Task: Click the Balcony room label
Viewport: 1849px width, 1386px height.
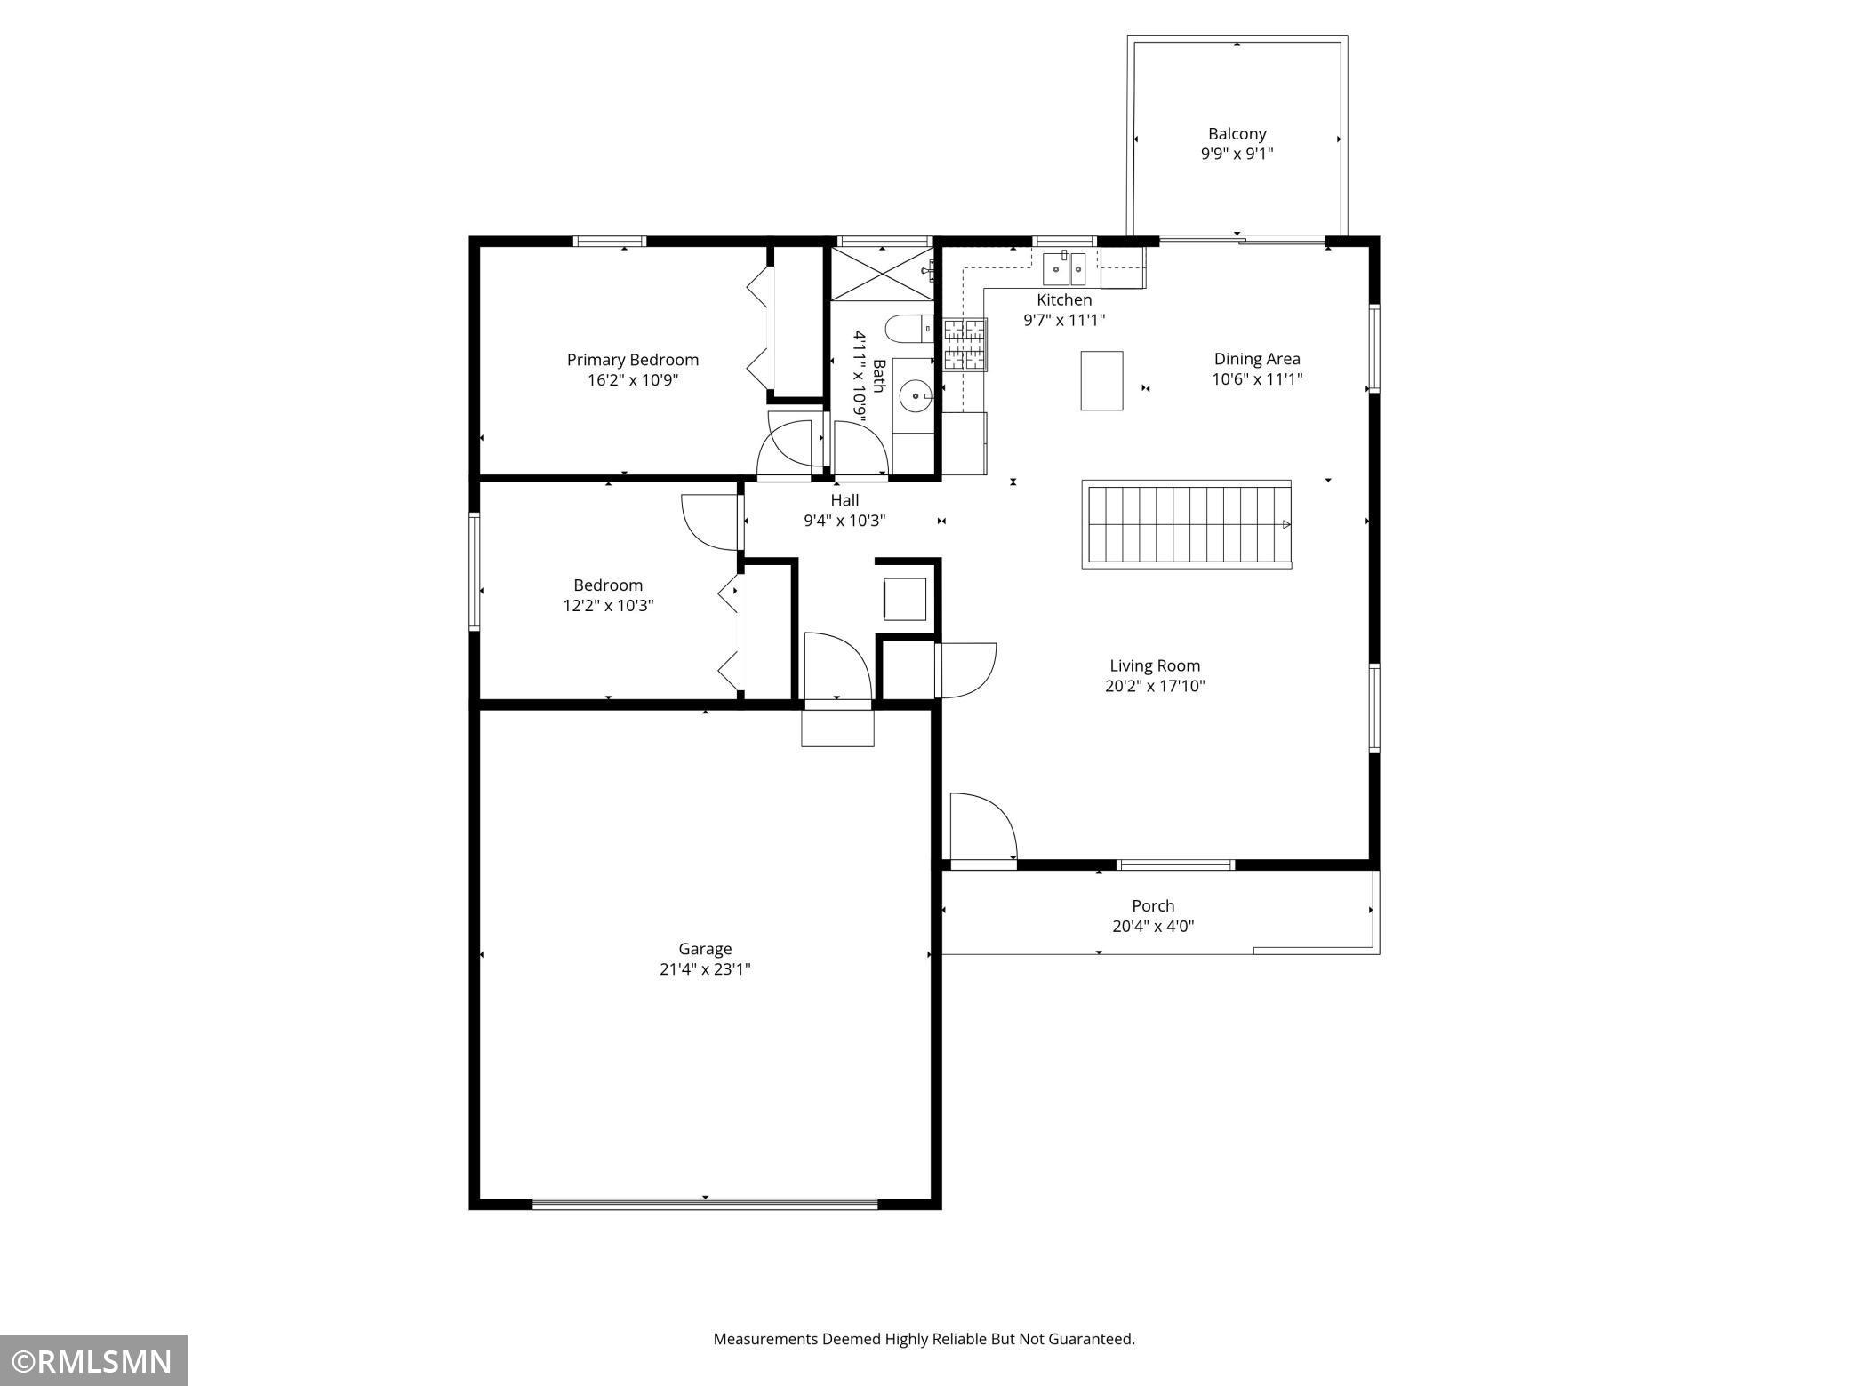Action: [x=1237, y=134]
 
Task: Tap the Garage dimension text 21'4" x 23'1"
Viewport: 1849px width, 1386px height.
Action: [x=705, y=969]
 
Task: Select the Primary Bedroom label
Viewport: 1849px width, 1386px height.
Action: [x=633, y=360]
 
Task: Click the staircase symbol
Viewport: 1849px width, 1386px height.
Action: [x=1186, y=524]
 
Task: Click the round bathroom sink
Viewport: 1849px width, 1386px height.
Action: [x=915, y=396]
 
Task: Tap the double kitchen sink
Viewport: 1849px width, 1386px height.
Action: [x=1064, y=267]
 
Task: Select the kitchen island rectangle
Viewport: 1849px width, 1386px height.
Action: [x=1101, y=380]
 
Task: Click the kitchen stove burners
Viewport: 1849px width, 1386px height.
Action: [x=965, y=344]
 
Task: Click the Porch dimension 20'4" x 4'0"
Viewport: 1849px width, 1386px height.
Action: [x=1153, y=927]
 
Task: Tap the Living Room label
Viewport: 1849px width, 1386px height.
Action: [x=1155, y=665]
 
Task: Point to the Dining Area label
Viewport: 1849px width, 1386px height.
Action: [x=1257, y=359]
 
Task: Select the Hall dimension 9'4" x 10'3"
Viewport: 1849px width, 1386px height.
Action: [x=844, y=521]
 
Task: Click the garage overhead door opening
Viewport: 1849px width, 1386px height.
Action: [x=705, y=1204]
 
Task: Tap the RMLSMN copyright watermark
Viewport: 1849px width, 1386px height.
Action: [x=93, y=1361]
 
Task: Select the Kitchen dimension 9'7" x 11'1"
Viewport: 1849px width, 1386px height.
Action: [x=1064, y=320]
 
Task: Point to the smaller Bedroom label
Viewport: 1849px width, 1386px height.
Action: [x=608, y=585]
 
